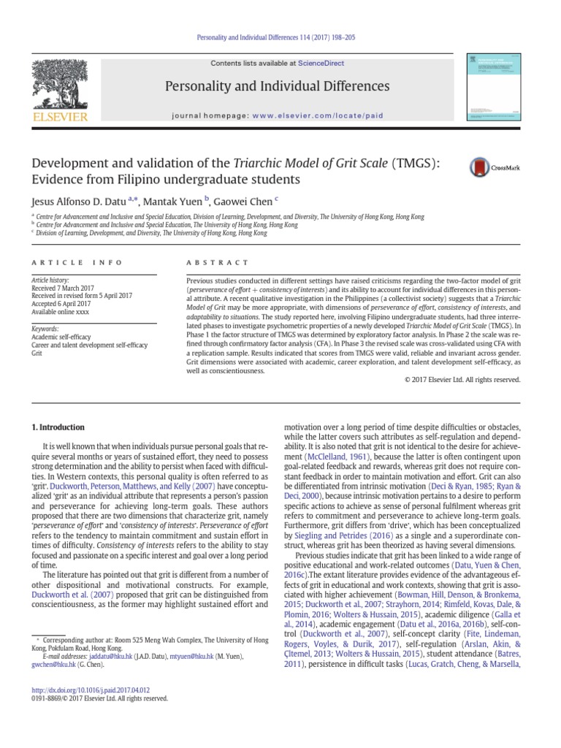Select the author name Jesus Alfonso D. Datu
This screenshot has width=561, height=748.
(x=78, y=201)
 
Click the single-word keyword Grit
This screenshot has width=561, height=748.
(x=37, y=353)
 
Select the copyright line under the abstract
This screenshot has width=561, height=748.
(x=462, y=379)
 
